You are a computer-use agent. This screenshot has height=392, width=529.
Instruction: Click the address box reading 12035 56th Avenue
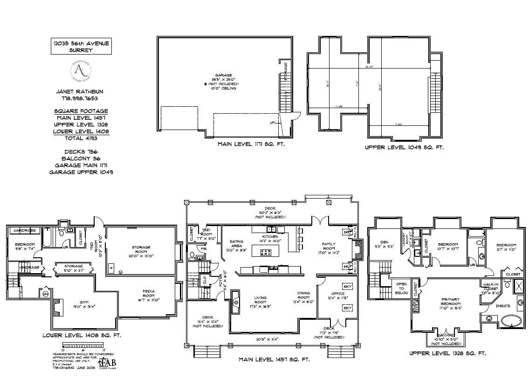(x=81, y=46)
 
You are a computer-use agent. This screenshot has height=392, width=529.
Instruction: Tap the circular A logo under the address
(x=81, y=71)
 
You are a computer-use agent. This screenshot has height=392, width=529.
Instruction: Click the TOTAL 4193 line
(x=81, y=138)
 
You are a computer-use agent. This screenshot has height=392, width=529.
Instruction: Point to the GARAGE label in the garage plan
(x=223, y=75)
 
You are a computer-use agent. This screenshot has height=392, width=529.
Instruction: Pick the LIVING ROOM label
(x=260, y=299)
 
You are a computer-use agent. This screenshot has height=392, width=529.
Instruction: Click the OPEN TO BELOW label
(x=401, y=288)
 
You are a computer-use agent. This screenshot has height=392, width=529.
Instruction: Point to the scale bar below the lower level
(x=82, y=345)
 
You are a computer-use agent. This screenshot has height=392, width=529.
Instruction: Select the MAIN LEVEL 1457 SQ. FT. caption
(x=274, y=359)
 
